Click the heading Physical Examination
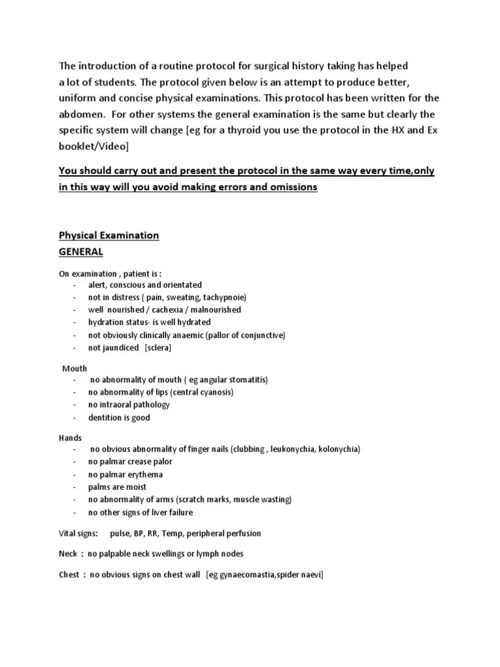click(x=109, y=235)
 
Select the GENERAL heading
click(x=81, y=251)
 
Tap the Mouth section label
click(x=74, y=368)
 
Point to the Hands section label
click(x=70, y=438)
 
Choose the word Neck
click(x=68, y=554)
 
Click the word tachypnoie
click(x=224, y=297)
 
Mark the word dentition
click(x=105, y=418)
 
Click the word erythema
click(x=145, y=474)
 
